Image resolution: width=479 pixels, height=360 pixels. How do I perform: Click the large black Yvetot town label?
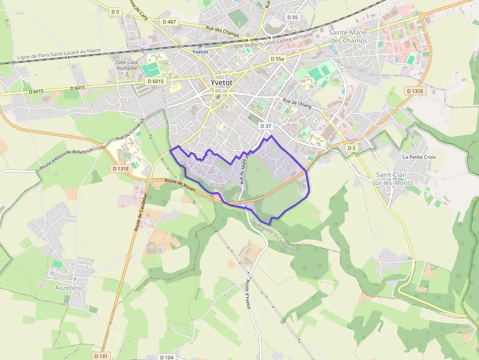(221, 83)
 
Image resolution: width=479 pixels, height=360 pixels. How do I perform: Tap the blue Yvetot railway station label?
(200, 52)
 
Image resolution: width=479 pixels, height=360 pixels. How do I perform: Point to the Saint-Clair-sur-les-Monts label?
(394, 179)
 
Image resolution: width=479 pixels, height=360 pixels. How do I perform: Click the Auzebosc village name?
(69, 288)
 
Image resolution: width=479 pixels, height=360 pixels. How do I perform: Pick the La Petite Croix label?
(419, 157)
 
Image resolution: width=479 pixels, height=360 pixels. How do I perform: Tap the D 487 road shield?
(169, 21)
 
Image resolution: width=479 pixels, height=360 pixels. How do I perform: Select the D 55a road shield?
(277, 59)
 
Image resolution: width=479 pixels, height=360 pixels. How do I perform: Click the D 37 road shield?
(265, 126)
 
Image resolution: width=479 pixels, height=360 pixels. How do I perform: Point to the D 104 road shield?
(167, 357)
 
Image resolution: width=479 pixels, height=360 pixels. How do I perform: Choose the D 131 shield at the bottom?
(101, 356)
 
